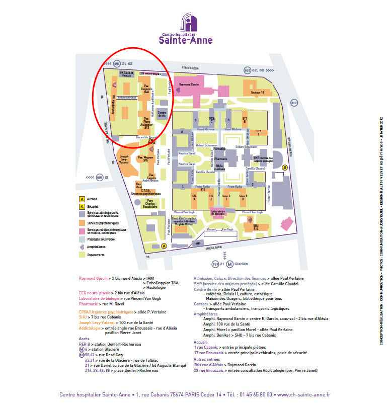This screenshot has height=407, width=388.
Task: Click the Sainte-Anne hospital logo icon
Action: pyautogui.click(x=189, y=23)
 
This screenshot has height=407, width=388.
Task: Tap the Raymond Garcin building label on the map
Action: pyautogui.click(x=189, y=85)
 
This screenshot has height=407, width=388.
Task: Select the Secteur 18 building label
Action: pyautogui.click(x=257, y=93)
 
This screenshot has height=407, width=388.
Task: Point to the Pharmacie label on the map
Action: pyautogui.click(x=220, y=159)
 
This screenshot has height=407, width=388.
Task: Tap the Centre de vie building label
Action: pyautogui.click(x=162, y=114)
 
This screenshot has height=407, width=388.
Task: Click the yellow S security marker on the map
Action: pyautogui.click(x=285, y=168)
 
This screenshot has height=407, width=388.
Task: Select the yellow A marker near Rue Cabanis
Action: pyautogui.click(x=164, y=246)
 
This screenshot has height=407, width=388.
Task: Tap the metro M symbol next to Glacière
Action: pyautogui.click(x=229, y=264)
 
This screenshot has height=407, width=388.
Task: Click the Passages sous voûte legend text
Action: pyautogui.click(x=101, y=239)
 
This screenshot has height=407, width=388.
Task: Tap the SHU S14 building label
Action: pyautogui.click(x=256, y=227)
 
